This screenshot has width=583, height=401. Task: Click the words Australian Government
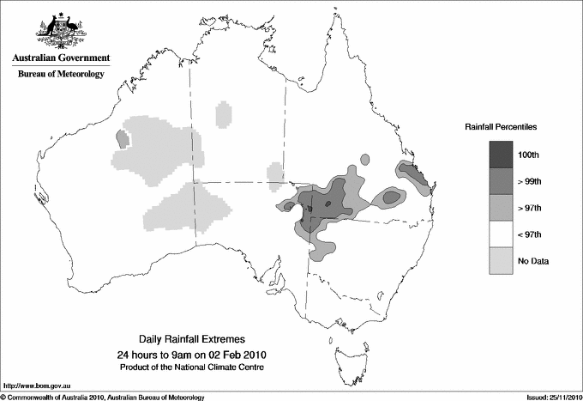[x=61, y=58]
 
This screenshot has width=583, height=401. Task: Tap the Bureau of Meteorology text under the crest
[x=61, y=74]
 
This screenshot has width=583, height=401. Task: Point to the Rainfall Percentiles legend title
[x=502, y=126]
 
